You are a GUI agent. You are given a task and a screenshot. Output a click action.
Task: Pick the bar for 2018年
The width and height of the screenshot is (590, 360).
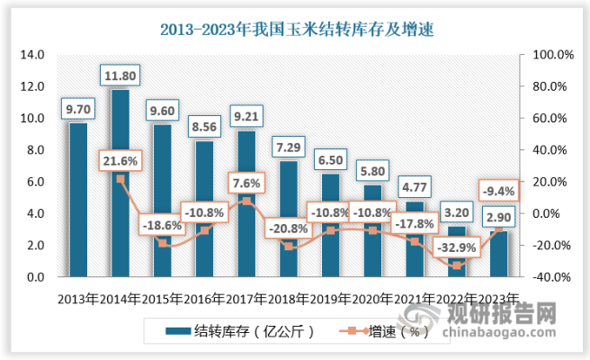289,219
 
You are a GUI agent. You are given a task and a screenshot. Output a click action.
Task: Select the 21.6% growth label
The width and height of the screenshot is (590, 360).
121,161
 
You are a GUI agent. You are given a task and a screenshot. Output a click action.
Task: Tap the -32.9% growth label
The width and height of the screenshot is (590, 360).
458,247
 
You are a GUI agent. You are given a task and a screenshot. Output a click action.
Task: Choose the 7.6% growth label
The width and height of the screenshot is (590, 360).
246,184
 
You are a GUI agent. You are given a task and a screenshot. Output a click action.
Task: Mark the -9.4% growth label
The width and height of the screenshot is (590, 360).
500,190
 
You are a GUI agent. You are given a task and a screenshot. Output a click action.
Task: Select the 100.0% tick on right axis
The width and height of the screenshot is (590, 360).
552,55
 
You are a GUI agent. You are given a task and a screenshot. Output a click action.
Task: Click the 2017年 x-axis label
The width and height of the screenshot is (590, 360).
246,298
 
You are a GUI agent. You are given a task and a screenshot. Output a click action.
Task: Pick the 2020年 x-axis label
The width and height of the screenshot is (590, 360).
373,298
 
